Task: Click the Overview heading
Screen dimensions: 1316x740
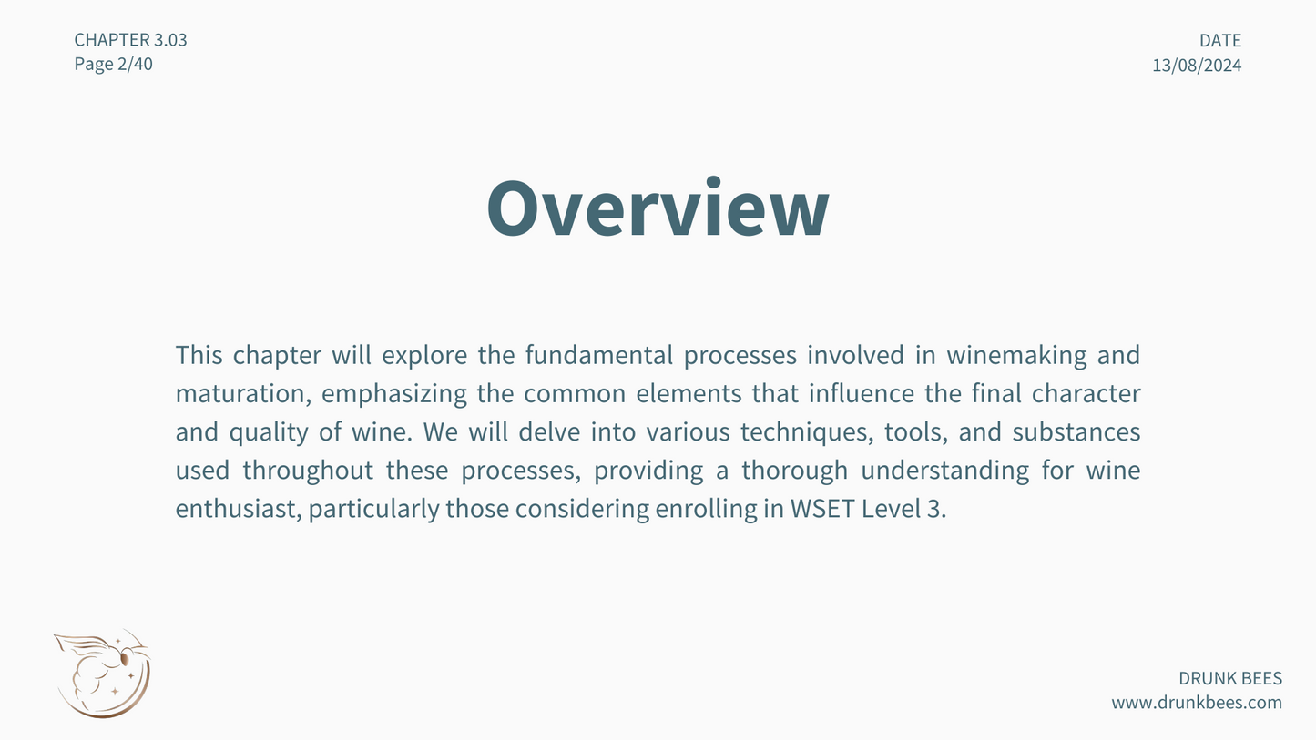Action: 658,208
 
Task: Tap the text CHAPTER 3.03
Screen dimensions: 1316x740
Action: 130,39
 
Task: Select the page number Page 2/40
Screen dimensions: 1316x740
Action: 114,64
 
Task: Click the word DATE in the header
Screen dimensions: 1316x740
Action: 1220,40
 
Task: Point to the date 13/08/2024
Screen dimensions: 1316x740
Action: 1197,65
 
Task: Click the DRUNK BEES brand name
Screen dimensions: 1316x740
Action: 1230,678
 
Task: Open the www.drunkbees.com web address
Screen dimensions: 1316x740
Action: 1197,702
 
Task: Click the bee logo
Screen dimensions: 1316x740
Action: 103,674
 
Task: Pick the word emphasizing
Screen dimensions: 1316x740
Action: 394,393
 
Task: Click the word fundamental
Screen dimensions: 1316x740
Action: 599,355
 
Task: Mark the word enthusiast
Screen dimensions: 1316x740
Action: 239,508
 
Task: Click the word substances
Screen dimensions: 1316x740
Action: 1076,431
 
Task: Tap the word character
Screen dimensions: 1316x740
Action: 1086,393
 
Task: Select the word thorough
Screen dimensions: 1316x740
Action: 795,471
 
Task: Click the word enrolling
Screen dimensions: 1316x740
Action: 707,509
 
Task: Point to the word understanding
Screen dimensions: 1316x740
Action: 945,471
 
